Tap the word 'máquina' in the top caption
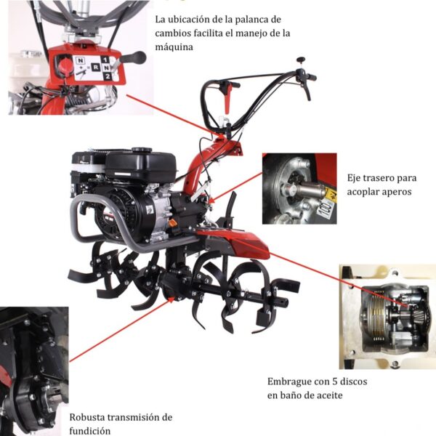click(174, 47)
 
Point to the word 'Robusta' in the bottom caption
click(87, 417)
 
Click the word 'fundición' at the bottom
click(90, 431)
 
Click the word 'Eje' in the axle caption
click(354, 178)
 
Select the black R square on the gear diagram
click(96, 68)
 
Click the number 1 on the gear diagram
click(105, 60)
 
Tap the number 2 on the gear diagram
click(108, 76)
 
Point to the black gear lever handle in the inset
click(134, 57)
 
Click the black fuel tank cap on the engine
click(142, 150)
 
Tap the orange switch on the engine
click(173, 223)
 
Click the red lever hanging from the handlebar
click(228, 98)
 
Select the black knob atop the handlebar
click(301, 60)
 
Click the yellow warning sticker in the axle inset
click(331, 193)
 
